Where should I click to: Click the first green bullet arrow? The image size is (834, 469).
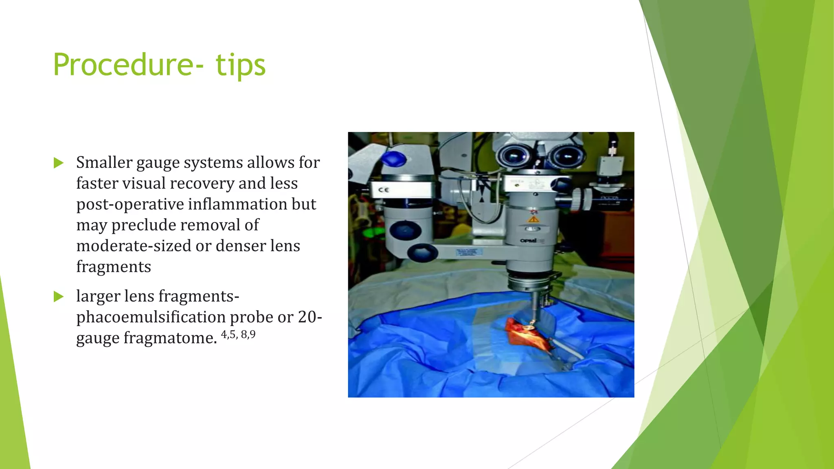pyautogui.click(x=59, y=163)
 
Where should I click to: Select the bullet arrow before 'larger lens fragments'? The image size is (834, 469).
pyautogui.click(x=59, y=296)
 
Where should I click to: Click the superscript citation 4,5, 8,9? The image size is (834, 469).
pyautogui.click(x=238, y=335)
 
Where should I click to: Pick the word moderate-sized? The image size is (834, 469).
pyautogui.click(x=134, y=245)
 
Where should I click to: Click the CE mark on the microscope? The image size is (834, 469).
pyautogui.click(x=384, y=190)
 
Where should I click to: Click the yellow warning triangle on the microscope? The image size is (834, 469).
pyautogui.click(x=533, y=219)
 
